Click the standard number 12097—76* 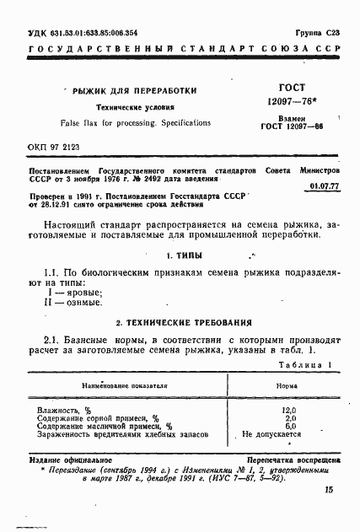point(292,101)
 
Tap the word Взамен point(292,120)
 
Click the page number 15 point(327,490)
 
